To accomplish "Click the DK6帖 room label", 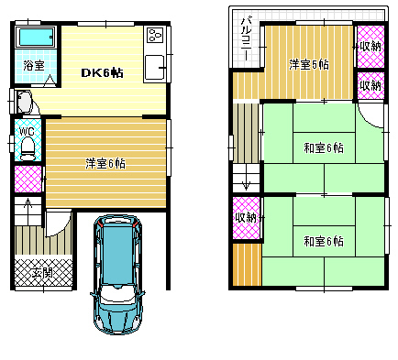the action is [102, 73].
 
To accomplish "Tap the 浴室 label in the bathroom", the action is [34, 65].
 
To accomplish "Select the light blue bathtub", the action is [36, 38].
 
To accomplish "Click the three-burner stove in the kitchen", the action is [155, 35].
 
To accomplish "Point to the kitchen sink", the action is [155, 67].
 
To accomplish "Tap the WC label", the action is [27, 131].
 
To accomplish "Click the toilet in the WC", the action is [28, 148].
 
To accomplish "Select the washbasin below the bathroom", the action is [25, 103].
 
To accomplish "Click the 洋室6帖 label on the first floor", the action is [105, 164].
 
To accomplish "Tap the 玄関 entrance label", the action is [42, 273].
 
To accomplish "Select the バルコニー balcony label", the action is [247, 38].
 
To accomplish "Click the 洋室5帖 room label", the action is [309, 65].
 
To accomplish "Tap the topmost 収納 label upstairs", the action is [370, 47].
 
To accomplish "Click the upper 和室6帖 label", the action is [324, 148].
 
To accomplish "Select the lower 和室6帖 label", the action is [324, 242].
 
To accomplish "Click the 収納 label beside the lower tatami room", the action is [246, 218].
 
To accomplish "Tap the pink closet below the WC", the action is [28, 179].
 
